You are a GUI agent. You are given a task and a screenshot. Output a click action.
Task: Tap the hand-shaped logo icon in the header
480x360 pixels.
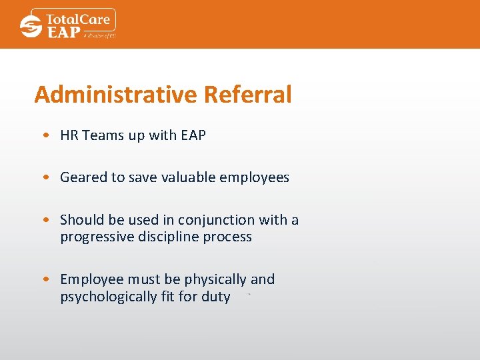pyautogui.click(x=31, y=26)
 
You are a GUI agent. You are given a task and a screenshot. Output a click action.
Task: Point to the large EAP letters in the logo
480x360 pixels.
pyautogui.click(x=63, y=31)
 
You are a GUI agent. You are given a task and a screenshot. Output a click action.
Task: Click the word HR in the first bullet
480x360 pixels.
pyautogui.click(x=69, y=135)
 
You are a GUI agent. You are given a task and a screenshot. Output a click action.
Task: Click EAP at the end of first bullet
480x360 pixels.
pyautogui.click(x=193, y=135)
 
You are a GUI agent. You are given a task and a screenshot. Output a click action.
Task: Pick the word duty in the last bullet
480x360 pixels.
pyautogui.click(x=215, y=297)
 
